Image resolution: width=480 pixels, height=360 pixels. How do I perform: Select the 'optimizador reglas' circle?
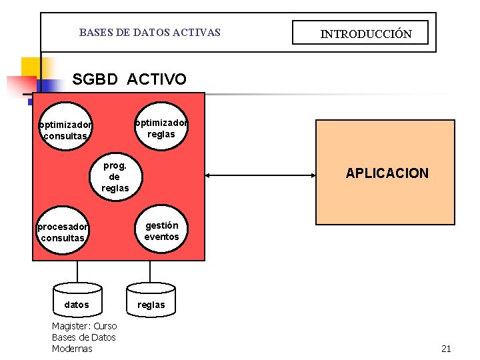(161, 125)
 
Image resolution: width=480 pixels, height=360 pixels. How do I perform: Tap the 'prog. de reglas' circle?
(115, 176)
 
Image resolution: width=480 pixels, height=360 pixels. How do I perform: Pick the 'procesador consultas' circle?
(63, 232)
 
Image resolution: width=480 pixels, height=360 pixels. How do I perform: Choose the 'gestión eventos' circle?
(161, 231)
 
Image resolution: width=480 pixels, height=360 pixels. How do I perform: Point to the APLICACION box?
(385, 173)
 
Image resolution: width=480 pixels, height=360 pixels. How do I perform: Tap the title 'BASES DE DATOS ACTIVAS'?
(149, 32)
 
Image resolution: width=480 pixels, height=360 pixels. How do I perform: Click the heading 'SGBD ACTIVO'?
(129, 80)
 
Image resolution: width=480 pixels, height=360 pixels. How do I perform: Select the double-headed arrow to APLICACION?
(260, 175)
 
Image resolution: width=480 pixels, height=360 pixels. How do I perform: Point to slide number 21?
(446, 349)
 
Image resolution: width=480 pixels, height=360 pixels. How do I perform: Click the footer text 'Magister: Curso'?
(84, 326)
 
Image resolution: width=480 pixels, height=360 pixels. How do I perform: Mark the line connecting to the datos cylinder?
(77, 272)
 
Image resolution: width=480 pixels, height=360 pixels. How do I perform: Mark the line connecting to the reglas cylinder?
(151, 272)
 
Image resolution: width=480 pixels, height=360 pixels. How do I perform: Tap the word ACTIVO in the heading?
(157, 80)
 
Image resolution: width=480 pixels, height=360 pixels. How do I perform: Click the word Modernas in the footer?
(72, 349)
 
